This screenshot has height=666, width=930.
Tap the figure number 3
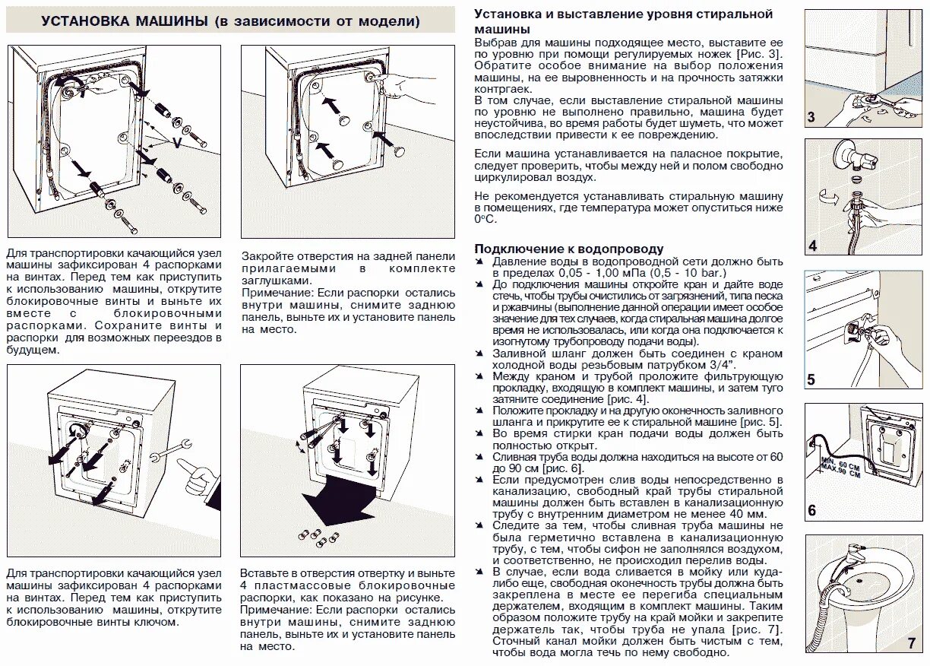tap(811, 118)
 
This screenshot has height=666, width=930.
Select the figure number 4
tap(812, 246)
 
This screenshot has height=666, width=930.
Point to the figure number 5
tap(811, 379)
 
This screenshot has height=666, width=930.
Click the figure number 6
tap(811, 510)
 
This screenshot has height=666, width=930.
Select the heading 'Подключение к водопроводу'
tap(569, 249)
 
